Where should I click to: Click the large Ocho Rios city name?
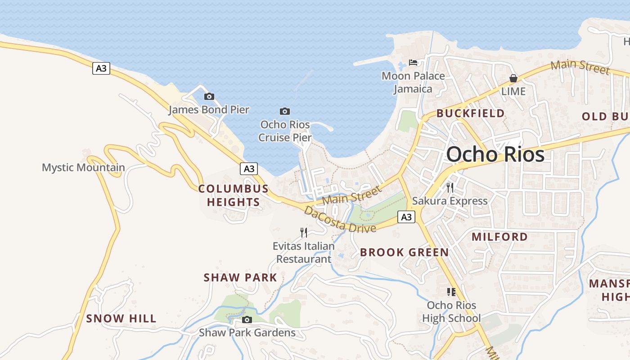[495, 154]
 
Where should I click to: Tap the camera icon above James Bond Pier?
[209, 96]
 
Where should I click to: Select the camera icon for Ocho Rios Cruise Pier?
[284, 111]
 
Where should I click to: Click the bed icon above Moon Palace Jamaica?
[413, 62]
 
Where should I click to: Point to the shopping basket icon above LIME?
[513, 79]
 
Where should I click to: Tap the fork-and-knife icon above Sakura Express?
[450, 187]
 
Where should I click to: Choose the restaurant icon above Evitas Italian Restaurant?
[304, 232]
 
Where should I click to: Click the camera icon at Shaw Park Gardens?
[247, 319]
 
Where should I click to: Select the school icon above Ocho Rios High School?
[451, 292]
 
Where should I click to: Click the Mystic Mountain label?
[83, 168]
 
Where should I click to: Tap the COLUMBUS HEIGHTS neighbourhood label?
[234, 195]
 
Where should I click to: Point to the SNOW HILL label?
[121, 319]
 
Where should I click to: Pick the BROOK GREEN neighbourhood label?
[404, 252]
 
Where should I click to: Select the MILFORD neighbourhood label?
[499, 237]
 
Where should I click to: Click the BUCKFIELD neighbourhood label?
[470, 113]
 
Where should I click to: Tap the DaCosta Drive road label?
[340, 220]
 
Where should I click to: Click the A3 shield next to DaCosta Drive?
[406, 217]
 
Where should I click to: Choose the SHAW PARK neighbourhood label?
[240, 278]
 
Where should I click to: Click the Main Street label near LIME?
[580, 67]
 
